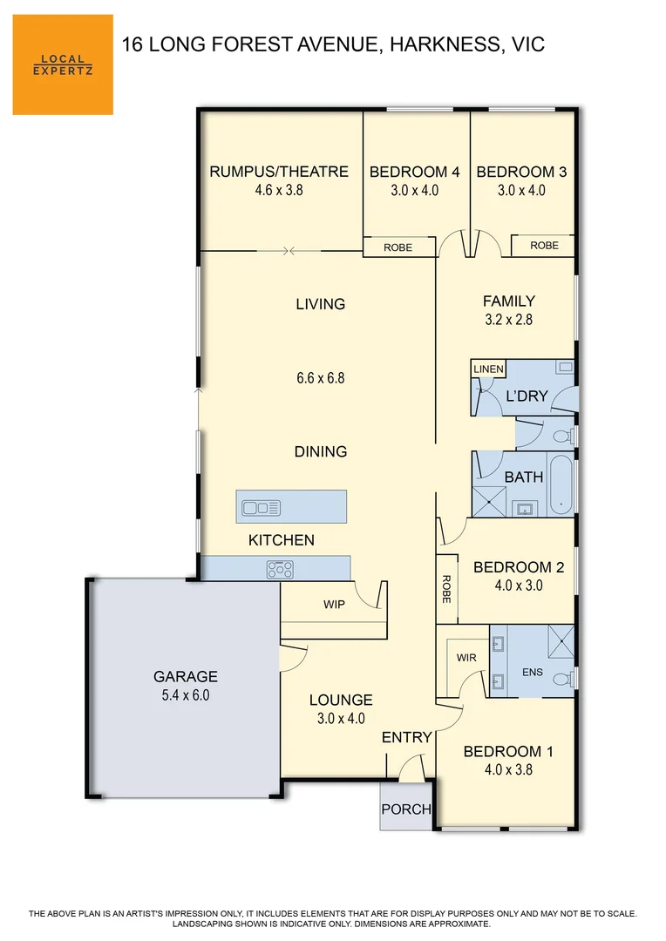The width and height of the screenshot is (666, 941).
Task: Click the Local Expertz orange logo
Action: (63, 64)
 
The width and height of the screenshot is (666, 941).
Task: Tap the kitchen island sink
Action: (261, 507)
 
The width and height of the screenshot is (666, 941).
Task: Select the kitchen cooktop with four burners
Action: (280, 569)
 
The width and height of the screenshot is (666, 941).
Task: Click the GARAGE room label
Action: (185, 676)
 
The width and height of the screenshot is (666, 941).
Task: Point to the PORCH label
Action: (406, 809)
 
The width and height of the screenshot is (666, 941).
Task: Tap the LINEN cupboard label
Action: (488, 369)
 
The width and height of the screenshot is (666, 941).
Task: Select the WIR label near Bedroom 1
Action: (466, 658)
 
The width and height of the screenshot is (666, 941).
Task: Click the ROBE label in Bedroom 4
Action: (398, 248)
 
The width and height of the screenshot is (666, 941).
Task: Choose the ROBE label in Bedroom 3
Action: (544, 246)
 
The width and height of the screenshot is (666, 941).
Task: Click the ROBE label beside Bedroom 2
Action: (446, 589)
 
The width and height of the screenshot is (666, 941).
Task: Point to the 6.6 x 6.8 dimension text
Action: (320, 378)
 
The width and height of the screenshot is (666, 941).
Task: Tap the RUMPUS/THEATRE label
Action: (279, 172)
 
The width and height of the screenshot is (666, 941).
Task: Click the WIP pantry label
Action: (335, 603)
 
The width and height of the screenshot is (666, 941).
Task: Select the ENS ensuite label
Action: (532, 673)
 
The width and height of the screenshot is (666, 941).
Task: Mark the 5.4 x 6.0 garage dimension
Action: (185, 695)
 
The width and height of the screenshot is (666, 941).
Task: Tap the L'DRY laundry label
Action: (527, 396)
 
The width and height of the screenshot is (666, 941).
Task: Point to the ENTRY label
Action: (407, 737)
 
